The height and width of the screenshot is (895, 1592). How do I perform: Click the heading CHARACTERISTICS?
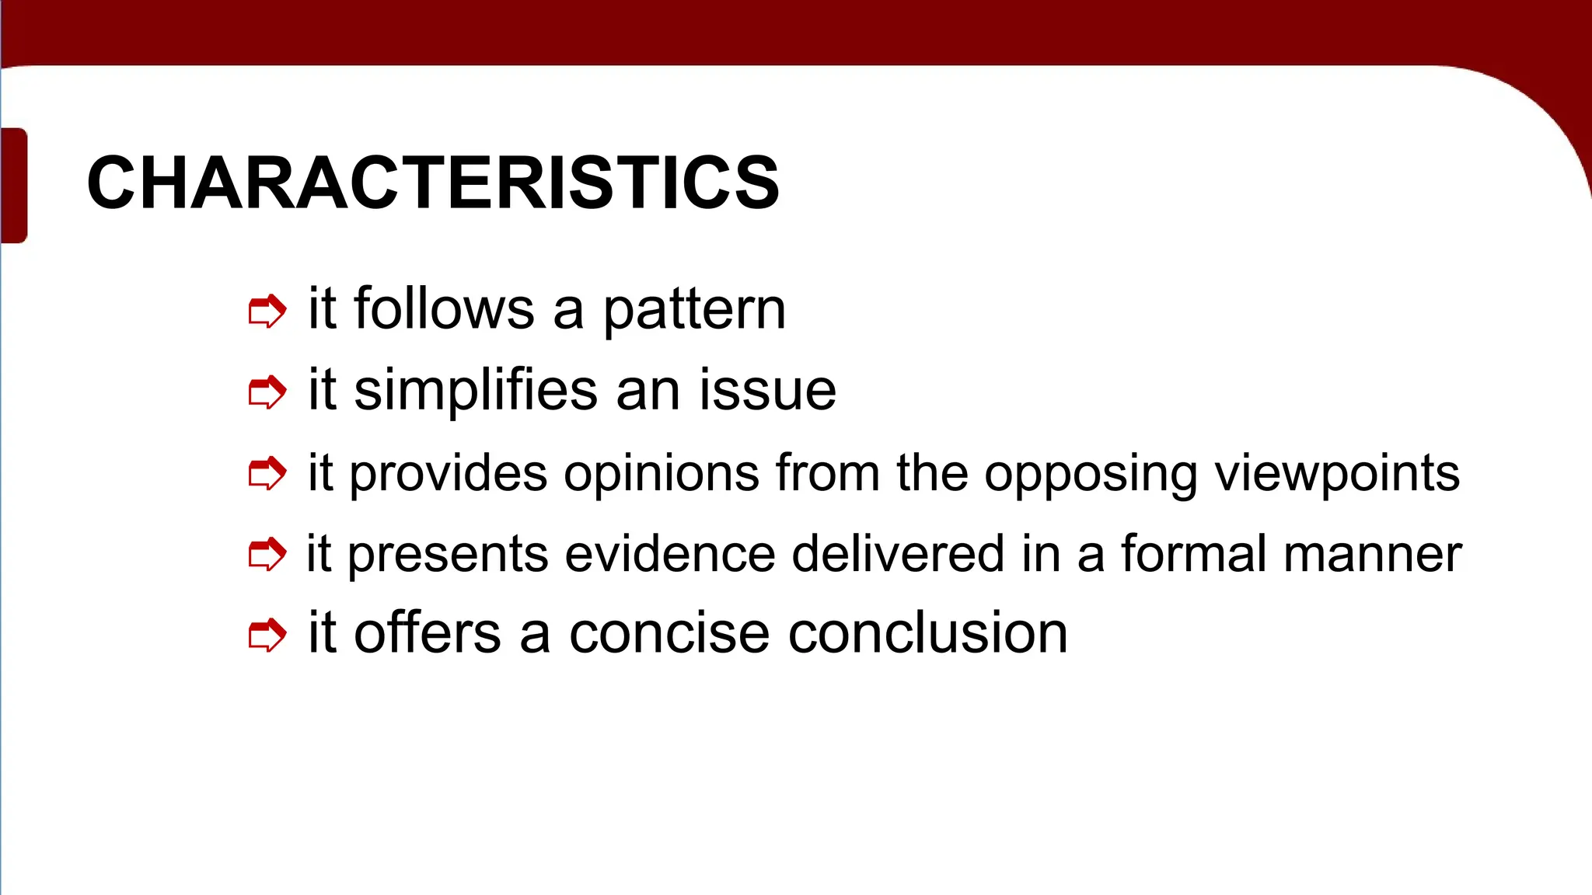[x=432, y=183]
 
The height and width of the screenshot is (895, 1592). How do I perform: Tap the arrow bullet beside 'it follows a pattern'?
[x=267, y=312]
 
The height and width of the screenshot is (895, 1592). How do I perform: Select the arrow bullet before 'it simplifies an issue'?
[x=267, y=392]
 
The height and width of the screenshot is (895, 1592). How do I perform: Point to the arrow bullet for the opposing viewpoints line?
[x=267, y=474]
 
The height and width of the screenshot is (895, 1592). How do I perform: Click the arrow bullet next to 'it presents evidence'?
[x=267, y=555]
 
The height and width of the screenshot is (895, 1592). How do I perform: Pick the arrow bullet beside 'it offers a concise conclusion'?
[x=267, y=636]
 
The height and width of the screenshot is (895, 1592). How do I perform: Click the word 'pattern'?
[x=694, y=310]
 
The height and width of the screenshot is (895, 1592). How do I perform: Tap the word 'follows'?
[x=444, y=308]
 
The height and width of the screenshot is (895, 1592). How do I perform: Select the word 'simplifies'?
[x=476, y=390]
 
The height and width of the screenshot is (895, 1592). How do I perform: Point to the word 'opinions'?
[x=662, y=474]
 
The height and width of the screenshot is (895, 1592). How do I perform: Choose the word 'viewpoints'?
[x=1337, y=474]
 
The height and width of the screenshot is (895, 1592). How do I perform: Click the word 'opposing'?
[x=1091, y=474]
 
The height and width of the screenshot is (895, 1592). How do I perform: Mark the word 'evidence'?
[x=670, y=555]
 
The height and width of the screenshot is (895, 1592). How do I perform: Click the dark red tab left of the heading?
[x=14, y=185]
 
